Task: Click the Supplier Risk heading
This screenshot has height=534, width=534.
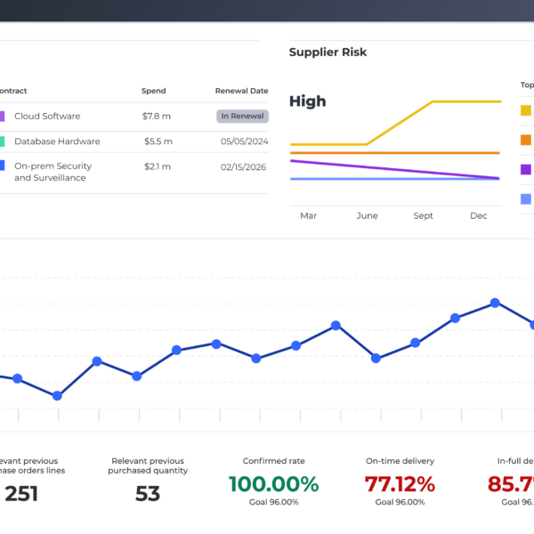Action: (328, 53)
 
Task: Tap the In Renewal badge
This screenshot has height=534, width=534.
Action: (242, 116)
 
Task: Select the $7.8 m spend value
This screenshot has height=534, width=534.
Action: (157, 117)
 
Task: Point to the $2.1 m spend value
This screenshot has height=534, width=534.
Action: (157, 166)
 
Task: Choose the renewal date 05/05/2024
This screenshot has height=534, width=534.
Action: (245, 142)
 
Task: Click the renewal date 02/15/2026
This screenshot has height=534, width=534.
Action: (245, 166)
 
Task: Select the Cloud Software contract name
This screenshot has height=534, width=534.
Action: (47, 117)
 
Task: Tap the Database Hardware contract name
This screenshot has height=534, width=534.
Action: (57, 142)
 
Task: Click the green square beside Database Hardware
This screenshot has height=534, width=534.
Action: (2, 142)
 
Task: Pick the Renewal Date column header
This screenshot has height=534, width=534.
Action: (241, 91)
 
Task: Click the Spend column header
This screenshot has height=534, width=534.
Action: (153, 91)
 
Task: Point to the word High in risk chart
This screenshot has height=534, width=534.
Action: (307, 101)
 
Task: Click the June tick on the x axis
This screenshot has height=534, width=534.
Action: (367, 215)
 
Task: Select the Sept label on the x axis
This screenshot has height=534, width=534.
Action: (423, 215)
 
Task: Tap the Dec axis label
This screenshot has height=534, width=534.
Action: (479, 215)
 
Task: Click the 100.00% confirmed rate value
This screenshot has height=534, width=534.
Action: (273, 484)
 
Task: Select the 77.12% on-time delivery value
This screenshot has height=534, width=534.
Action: (400, 484)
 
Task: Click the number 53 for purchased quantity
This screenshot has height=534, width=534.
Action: (148, 493)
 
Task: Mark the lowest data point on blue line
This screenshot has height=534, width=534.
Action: (57, 395)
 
